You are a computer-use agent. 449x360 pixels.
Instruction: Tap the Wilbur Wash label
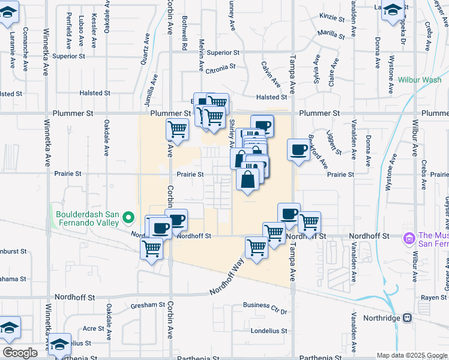[419, 79]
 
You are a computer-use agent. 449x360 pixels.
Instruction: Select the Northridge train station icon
[408, 317]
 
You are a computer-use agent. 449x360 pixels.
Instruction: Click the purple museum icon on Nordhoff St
[410, 239]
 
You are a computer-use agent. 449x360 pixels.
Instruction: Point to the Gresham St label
[148, 305]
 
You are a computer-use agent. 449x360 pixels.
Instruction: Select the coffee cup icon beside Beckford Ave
[298, 151]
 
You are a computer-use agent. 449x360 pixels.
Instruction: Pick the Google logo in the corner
[20, 352]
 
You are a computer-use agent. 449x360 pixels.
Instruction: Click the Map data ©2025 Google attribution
[412, 355]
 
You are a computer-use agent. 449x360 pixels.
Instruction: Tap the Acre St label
[94, 328]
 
